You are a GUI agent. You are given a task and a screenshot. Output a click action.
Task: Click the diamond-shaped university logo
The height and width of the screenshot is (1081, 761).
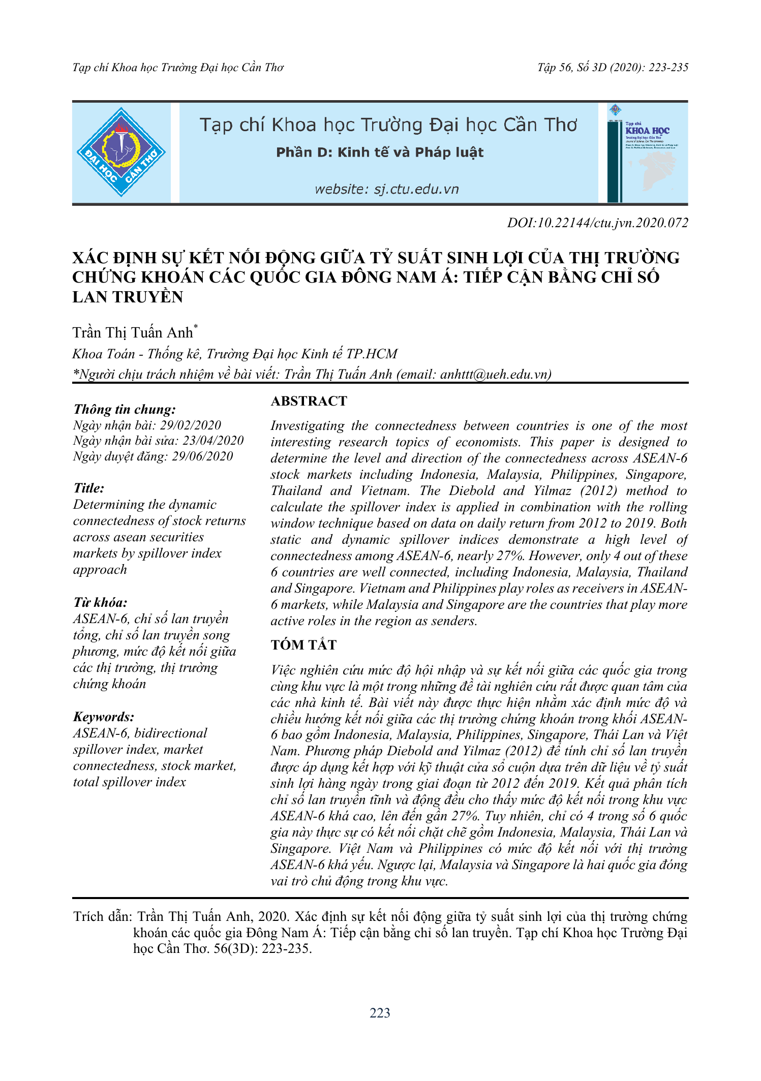pyautogui.click(x=121, y=152)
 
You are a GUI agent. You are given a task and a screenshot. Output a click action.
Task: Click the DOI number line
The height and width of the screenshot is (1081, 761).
pyautogui.click(x=597, y=223)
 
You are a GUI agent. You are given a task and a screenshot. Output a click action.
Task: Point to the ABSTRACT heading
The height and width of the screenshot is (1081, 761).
pyautogui.click(x=309, y=401)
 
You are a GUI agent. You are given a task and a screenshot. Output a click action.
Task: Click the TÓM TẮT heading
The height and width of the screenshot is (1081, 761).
pyautogui.click(x=303, y=645)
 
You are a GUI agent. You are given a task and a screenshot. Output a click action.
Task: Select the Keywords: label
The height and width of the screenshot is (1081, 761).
pyautogui.click(x=104, y=717)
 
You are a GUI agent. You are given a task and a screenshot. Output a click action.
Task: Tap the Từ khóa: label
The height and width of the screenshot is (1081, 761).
pyautogui.click(x=100, y=602)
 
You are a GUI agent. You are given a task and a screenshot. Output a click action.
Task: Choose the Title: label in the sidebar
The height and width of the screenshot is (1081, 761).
pyautogui.click(x=89, y=488)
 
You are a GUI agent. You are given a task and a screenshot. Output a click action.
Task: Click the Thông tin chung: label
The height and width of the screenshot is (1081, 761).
pyautogui.click(x=125, y=409)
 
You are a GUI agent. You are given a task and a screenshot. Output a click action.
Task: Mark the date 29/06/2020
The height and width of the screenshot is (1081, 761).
pyautogui.click(x=202, y=456)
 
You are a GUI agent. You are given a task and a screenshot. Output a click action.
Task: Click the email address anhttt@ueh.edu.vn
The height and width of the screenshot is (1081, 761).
pyautogui.click(x=494, y=374)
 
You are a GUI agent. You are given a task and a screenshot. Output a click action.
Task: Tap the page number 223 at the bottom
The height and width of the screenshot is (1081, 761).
pyautogui.click(x=380, y=1013)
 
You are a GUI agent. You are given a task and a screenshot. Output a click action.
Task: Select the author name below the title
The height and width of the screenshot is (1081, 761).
pyautogui.click(x=133, y=332)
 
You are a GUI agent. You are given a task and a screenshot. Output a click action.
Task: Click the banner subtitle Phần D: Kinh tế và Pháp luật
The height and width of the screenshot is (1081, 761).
pyautogui.click(x=380, y=152)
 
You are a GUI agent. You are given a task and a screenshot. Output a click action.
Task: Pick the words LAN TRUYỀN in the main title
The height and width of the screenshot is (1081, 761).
pyautogui.click(x=128, y=297)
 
